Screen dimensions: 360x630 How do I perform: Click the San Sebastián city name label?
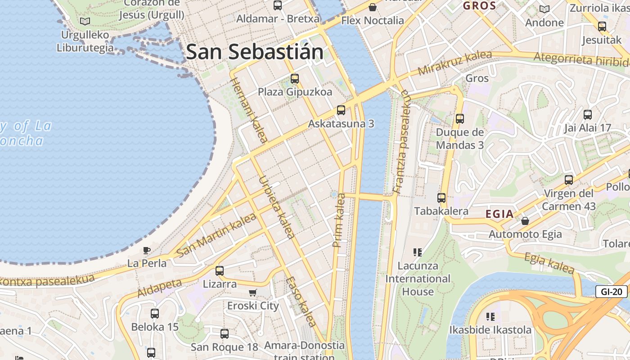[255, 52]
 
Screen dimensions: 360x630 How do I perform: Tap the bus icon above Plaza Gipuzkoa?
[295, 79]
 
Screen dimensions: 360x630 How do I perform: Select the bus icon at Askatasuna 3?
[341, 110]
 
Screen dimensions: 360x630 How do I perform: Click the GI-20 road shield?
[612, 292]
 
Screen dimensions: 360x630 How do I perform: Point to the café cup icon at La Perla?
[147, 250]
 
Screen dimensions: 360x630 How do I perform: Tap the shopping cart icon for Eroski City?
[253, 292]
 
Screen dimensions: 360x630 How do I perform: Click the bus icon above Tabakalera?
[441, 198]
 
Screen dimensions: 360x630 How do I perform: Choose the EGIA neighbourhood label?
[499, 214]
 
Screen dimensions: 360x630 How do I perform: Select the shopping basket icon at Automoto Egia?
[525, 221]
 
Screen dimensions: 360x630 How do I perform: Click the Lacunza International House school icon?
[418, 252]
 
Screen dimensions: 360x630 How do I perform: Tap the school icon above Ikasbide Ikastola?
[490, 316]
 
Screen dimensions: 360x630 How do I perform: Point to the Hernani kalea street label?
[248, 109]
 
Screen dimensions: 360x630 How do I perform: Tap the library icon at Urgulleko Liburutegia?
[85, 21]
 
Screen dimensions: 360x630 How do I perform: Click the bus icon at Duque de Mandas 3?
[459, 119]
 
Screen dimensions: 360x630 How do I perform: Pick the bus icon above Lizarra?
[220, 271]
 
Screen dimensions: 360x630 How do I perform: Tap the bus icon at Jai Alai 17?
[587, 115]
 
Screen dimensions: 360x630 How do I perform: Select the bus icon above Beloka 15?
[155, 314]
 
